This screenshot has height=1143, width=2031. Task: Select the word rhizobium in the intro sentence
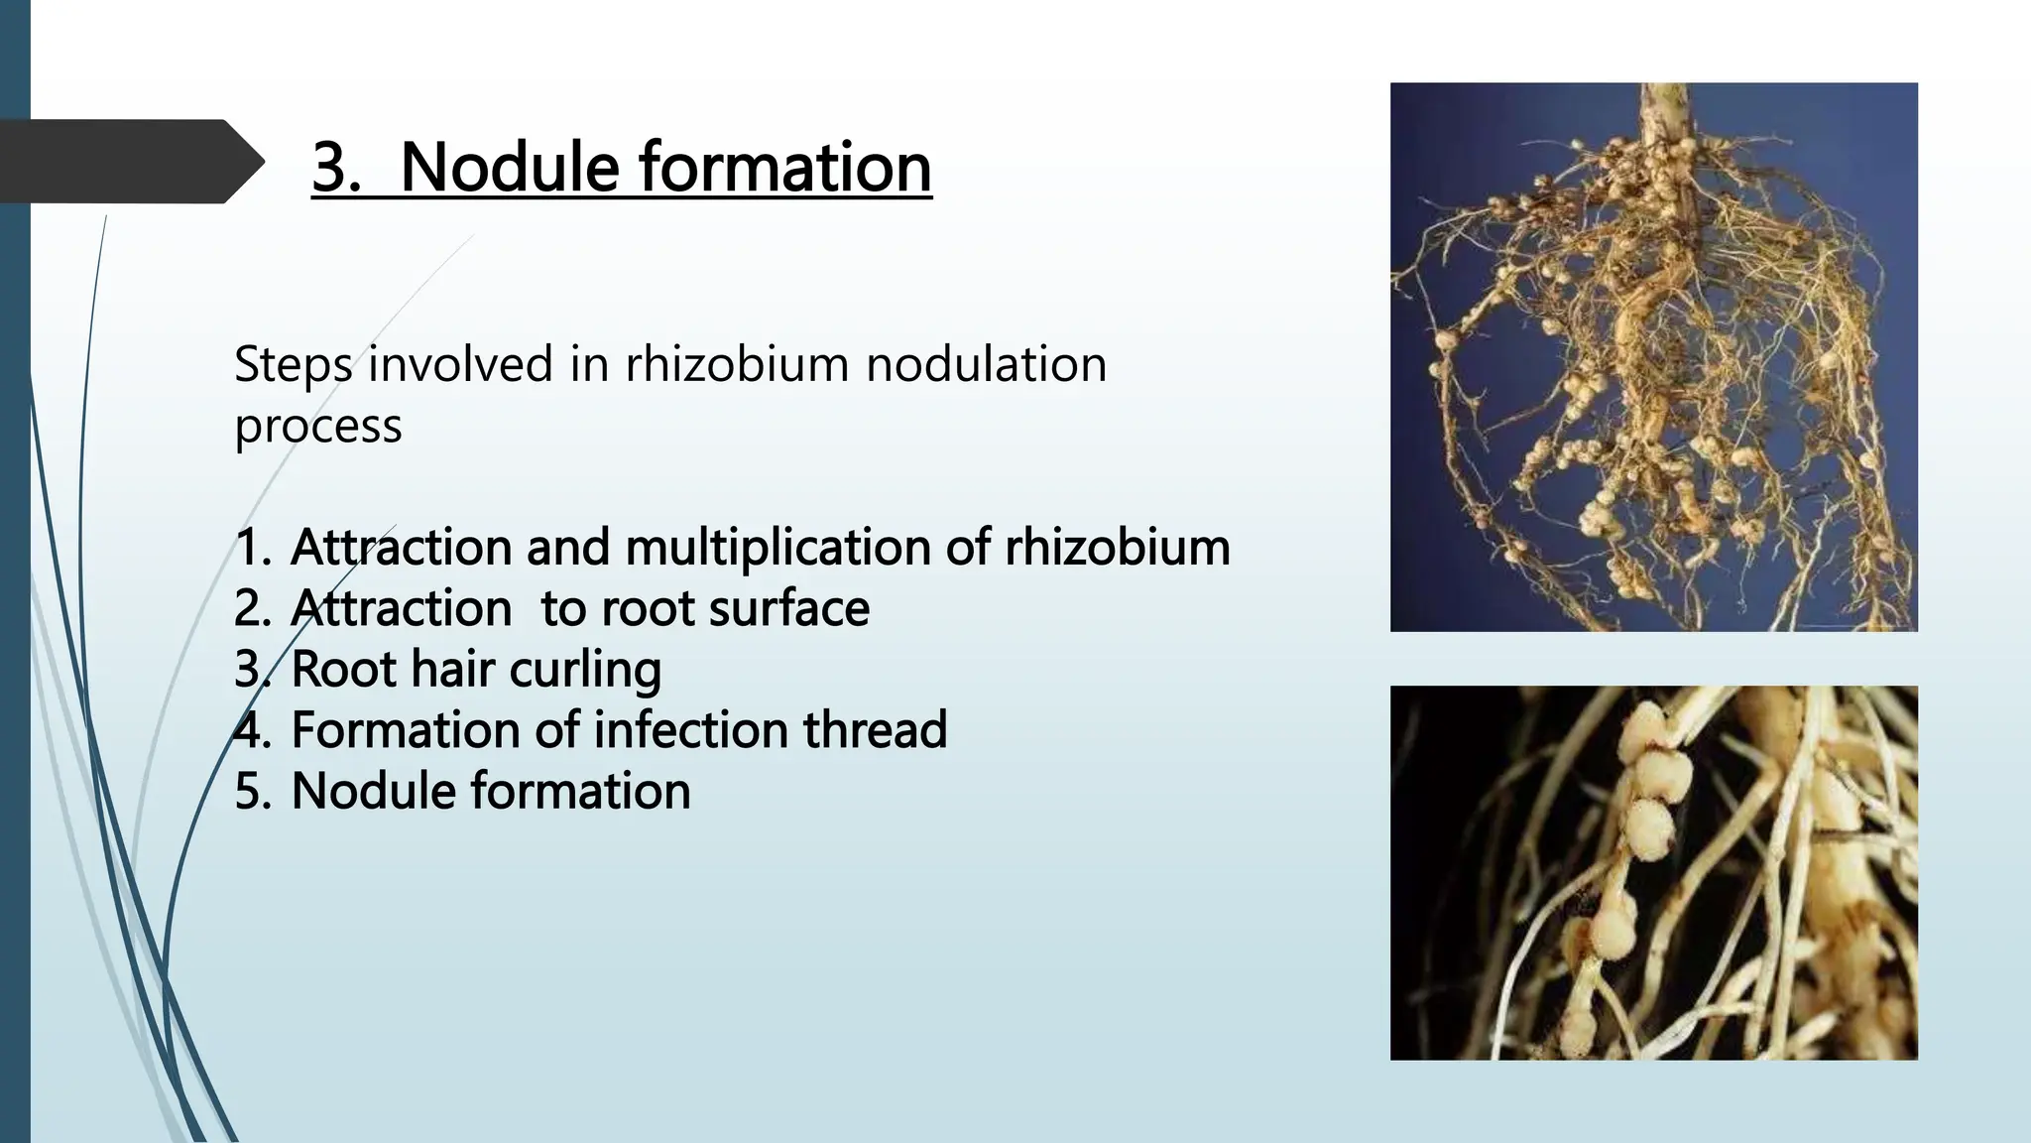tap(736, 364)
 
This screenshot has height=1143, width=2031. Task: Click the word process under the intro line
tap(317, 427)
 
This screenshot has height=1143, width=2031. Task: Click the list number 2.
tap(252, 608)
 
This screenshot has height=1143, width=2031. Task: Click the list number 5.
tap(252, 792)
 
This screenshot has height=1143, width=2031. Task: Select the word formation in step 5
tap(580, 792)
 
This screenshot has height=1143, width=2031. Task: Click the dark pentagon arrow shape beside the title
tap(129, 162)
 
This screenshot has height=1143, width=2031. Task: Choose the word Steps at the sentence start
tap(293, 364)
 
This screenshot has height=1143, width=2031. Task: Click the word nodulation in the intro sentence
tap(986, 364)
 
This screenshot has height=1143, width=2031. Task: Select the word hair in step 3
tap(452, 670)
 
